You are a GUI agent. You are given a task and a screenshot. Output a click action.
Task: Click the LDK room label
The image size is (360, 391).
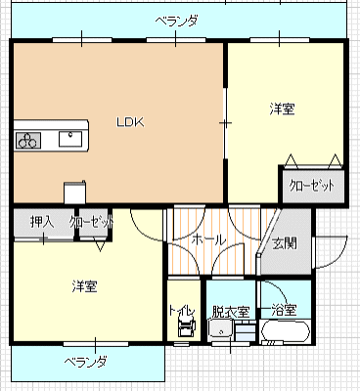(130, 122)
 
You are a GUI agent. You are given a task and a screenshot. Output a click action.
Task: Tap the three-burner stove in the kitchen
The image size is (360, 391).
(28, 141)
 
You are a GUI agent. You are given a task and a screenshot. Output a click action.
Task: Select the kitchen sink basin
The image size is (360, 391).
(70, 139)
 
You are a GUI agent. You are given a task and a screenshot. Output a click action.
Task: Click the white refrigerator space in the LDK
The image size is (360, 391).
(75, 193)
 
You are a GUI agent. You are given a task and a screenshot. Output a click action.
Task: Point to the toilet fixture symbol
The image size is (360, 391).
(187, 327)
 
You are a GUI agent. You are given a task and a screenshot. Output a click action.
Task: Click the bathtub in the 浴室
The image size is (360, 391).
(286, 332)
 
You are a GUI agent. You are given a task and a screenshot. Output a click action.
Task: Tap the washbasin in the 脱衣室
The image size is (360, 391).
(220, 330)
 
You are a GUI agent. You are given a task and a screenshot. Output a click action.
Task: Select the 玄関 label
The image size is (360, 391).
(285, 243)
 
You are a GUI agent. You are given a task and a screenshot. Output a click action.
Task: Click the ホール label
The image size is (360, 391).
(208, 240)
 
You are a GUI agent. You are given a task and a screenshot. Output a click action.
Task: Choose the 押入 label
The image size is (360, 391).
(42, 222)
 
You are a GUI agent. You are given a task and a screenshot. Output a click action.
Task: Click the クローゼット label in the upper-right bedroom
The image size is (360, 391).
(312, 186)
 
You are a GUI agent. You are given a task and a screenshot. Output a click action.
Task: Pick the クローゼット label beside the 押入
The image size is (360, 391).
(92, 222)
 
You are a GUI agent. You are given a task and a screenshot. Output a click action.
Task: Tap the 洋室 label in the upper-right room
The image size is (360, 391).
(283, 109)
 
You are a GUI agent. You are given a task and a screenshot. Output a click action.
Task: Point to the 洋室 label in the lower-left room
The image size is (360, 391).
(84, 286)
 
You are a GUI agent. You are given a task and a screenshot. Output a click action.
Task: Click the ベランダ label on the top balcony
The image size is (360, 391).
(176, 22)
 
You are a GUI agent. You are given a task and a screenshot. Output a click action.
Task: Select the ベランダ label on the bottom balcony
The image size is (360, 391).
(85, 362)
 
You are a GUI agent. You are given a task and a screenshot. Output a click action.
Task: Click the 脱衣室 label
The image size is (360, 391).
(231, 312)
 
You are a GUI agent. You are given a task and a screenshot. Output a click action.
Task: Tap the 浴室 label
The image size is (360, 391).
(285, 310)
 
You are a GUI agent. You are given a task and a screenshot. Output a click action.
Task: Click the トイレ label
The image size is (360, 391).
(182, 311)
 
